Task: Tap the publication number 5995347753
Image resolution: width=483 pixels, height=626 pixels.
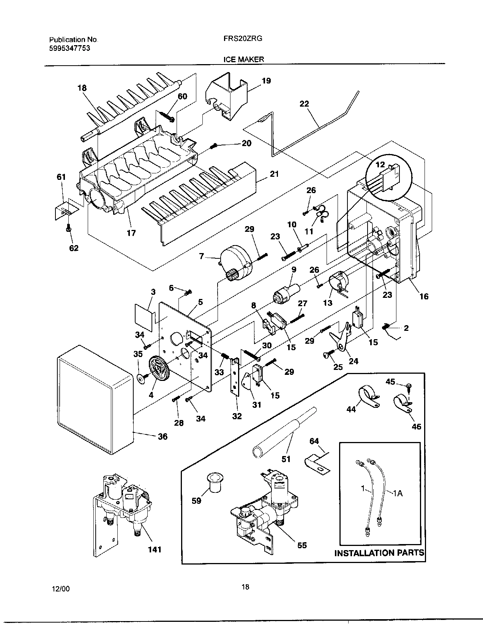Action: [70, 48]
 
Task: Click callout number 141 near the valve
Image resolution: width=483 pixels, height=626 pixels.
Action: [155, 549]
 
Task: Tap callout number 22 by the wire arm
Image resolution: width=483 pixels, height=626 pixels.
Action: [304, 104]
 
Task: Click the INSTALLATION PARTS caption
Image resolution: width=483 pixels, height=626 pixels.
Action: [379, 553]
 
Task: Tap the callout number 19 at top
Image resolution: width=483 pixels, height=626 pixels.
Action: [266, 81]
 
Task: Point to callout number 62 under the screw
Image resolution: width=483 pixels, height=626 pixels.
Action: [74, 248]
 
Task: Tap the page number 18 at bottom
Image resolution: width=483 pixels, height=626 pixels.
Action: [245, 587]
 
